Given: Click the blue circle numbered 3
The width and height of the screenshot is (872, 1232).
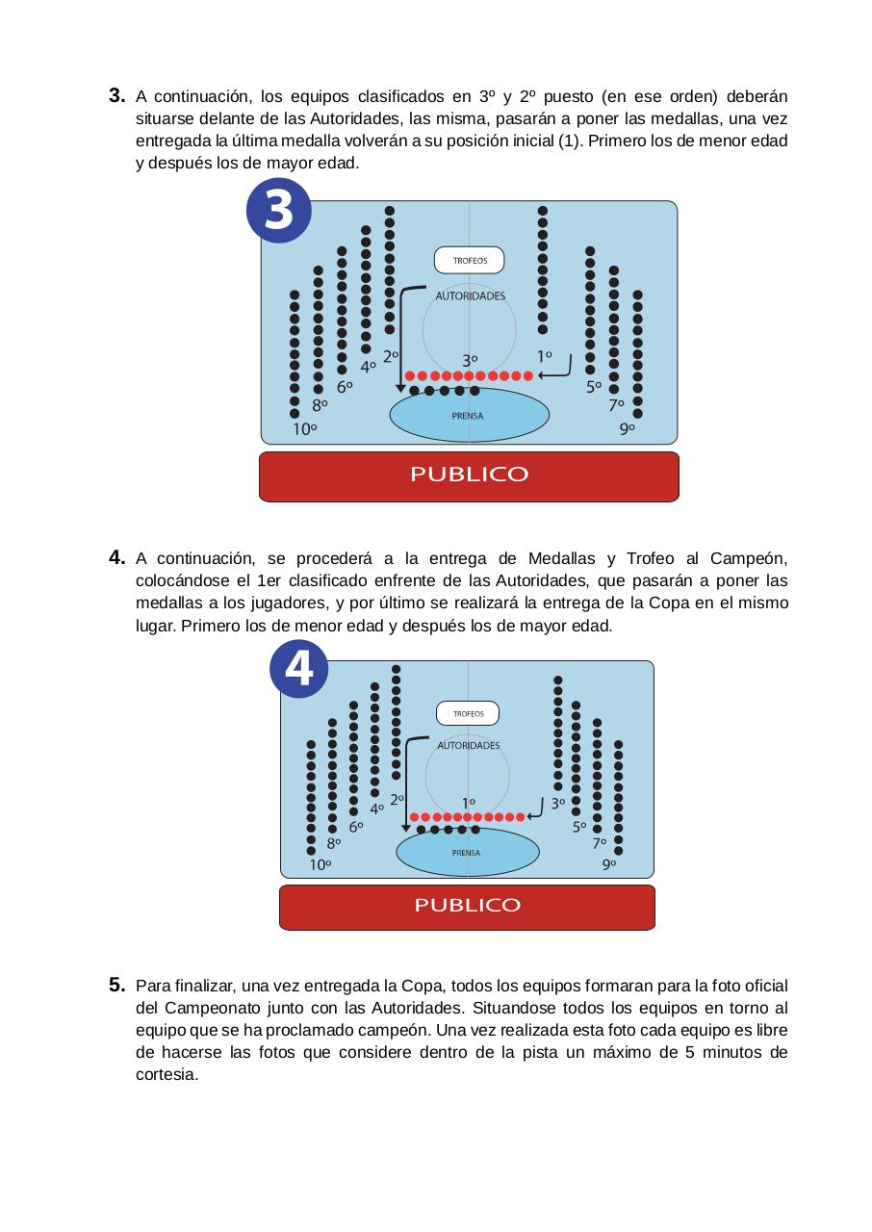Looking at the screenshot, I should pyautogui.click(x=279, y=211).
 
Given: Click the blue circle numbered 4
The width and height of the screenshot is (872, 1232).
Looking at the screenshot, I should pyautogui.click(x=299, y=668).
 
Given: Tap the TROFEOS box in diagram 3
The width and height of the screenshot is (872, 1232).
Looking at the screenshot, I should pyautogui.click(x=469, y=261).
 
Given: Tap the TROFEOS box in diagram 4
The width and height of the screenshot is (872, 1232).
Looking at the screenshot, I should pyautogui.click(x=468, y=714).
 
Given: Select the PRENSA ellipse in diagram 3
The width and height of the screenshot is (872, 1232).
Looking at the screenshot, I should pyautogui.click(x=469, y=416).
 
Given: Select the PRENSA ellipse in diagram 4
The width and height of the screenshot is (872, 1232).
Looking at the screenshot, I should pyautogui.click(x=467, y=853).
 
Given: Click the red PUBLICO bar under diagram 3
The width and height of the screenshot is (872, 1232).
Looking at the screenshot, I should pyautogui.click(x=469, y=475).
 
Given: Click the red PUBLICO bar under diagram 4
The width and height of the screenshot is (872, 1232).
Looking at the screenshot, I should pyautogui.click(x=467, y=906).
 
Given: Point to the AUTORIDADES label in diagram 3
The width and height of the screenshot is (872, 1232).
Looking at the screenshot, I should pyautogui.click(x=470, y=296).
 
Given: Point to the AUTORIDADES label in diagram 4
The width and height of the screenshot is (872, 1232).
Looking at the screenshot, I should pyautogui.click(x=469, y=746).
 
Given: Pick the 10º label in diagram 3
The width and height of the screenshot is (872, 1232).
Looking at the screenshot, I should pyautogui.click(x=305, y=430).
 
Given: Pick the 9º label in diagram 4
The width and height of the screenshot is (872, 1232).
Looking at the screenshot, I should pyautogui.click(x=609, y=864).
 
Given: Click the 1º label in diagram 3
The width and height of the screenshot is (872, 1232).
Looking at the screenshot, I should pyautogui.click(x=545, y=355).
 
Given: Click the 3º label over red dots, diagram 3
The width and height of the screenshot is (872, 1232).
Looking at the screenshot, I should pyautogui.click(x=470, y=360).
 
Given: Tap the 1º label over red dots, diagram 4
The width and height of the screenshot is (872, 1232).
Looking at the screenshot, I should pyautogui.click(x=468, y=802).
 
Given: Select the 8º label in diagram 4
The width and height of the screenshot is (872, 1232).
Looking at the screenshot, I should pyautogui.click(x=335, y=842).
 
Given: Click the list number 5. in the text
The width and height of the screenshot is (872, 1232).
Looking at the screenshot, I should pyautogui.click(x=116, y=985).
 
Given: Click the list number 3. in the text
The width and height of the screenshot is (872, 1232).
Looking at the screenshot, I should pyautogui.click(x=116, y=96).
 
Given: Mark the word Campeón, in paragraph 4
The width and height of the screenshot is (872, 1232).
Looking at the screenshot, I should pyautogui.click(x=749, y=559).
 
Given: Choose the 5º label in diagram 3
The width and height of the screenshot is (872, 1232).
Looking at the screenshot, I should pyautogui.click(x=594, y=388).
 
